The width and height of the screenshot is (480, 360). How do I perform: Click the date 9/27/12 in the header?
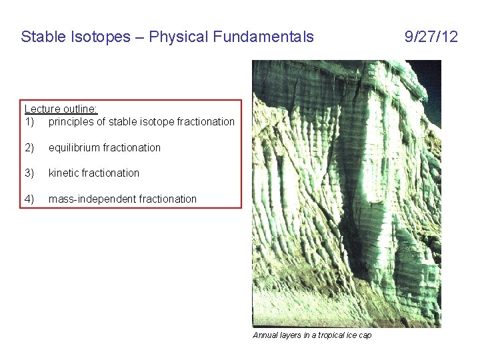431,37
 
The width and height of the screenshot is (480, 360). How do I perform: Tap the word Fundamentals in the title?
263,37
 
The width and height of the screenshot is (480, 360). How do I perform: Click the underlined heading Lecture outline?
61,109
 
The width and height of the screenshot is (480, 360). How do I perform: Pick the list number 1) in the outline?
29,121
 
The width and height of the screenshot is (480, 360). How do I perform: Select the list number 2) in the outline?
29,147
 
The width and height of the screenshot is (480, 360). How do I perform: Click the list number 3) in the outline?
29,173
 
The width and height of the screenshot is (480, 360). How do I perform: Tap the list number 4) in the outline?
29,199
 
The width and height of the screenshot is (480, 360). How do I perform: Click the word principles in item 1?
70,121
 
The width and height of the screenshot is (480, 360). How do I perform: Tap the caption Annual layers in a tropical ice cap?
312,335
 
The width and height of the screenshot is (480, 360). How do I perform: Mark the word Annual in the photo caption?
265,335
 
